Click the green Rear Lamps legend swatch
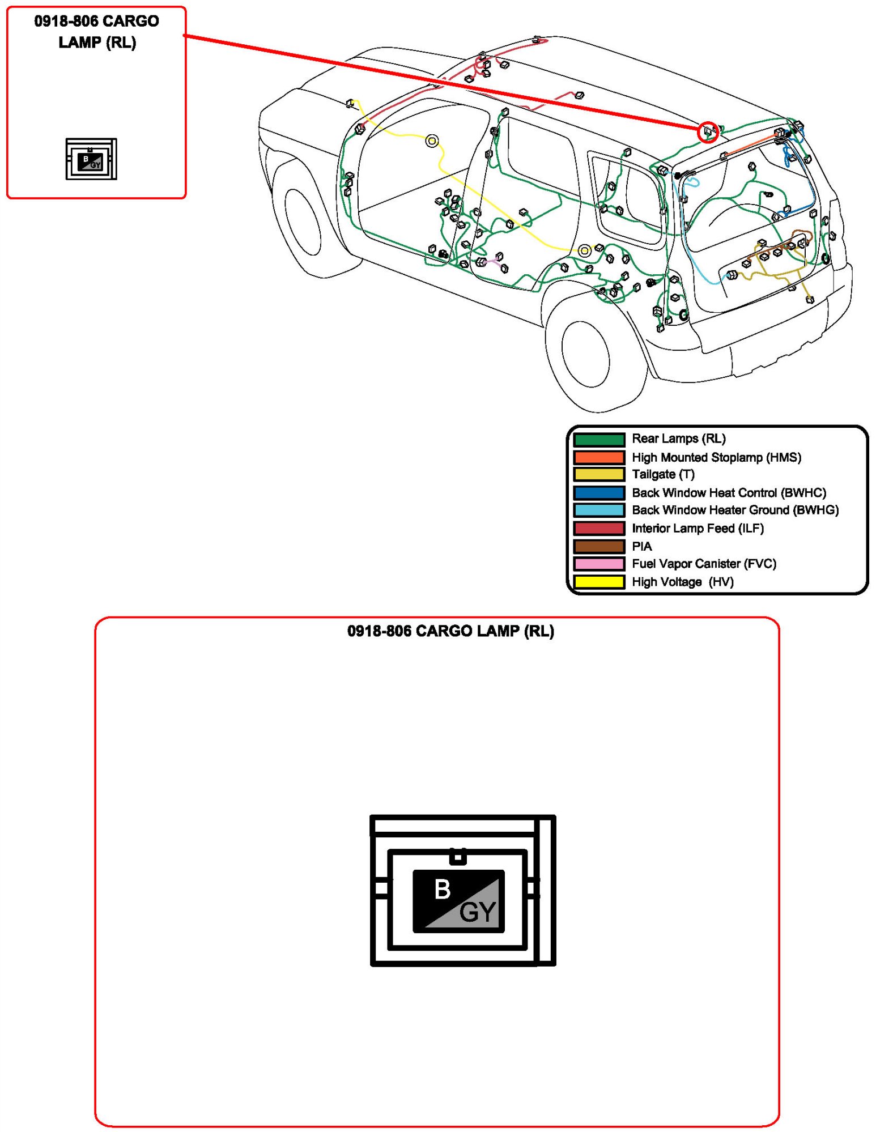598,439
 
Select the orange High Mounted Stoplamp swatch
598,457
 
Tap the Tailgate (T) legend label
662,474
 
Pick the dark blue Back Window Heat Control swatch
598,492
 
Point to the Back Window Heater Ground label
735,510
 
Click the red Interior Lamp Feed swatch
598,528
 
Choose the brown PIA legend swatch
598,546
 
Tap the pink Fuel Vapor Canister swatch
598,564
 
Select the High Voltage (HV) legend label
682,582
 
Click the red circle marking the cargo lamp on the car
708,132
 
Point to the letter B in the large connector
443,889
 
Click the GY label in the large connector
478,912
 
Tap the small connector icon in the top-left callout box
91,159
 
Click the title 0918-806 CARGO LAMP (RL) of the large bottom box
450,631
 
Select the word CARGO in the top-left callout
131,22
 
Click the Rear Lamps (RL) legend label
678,439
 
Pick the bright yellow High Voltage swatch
598,582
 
